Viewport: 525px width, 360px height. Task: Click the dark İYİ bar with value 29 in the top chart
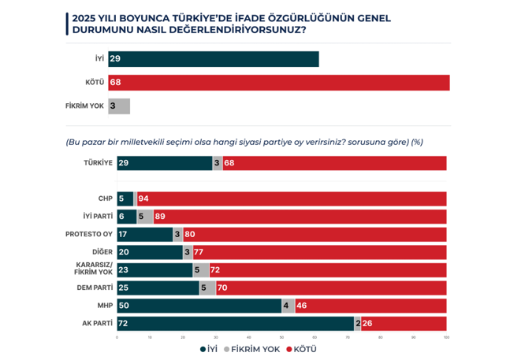tap(218, 59)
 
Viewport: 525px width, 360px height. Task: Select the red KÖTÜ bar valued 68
tap(284, 83)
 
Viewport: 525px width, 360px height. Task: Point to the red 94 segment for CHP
tap(292, 199)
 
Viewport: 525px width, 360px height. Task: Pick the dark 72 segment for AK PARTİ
tap(235, 323)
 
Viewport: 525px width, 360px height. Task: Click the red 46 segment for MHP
tap(370, 306)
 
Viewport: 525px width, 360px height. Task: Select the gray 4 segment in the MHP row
tap(289, 306)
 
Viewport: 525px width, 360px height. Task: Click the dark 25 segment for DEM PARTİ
tap(158, 288)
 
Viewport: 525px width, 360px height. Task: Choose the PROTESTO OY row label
tap(88, 234)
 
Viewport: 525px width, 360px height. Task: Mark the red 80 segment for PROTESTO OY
tap(315, 234)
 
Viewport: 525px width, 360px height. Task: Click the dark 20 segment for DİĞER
tap(150, 252)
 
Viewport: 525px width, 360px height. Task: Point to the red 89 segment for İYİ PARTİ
tap(300, 216)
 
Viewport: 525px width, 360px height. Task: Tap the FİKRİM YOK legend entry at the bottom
tap(252, 349)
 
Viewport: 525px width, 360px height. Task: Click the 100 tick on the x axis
tap(446, 338)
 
